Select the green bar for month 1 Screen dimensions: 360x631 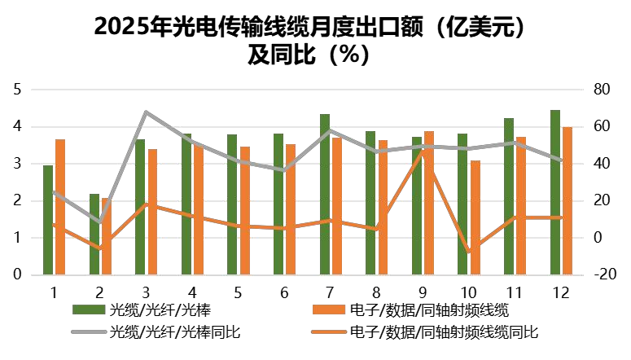[x=48, y=220]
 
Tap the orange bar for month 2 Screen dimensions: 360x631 [x=106, y=236]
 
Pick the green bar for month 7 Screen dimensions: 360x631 [x=325, y=194]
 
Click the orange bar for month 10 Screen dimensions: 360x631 [x=475, y=217]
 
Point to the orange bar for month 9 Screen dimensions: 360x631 [x=429, y=203]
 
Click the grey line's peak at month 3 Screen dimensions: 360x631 [x=146, y=112]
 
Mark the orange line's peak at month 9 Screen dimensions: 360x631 [x=423, y=150]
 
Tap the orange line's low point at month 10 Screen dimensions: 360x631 [x=469, y=252]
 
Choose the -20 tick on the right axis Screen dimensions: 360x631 [x=603, y=274]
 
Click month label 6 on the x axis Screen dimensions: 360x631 [x=284, y=292]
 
